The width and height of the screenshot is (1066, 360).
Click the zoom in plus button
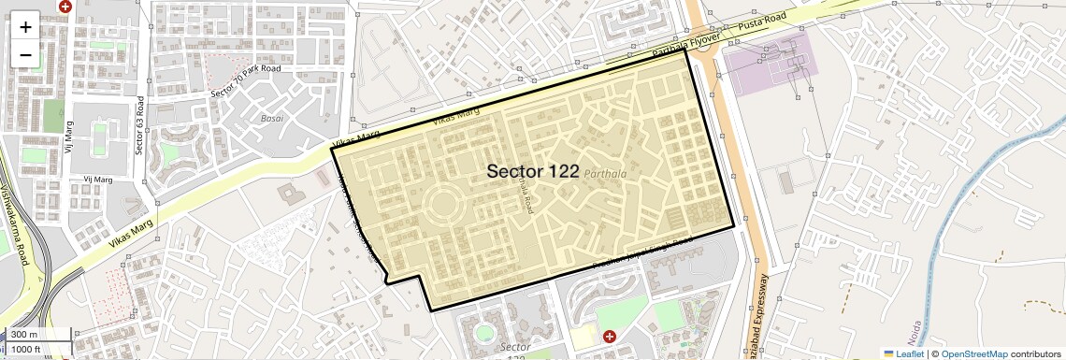coord(25,26)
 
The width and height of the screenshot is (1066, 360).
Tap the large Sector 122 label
coord(532,171)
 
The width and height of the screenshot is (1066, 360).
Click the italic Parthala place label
coord(605,174)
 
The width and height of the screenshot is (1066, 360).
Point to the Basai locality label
coord(271,119)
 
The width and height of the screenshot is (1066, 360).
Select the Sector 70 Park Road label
coord(246,80)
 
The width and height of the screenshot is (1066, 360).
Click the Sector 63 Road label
coord(139,124)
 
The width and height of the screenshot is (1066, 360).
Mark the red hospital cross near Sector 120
coord(610,336)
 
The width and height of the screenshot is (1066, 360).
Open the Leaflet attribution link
coord(903,353)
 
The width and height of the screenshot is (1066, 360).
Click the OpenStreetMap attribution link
coord(973,353)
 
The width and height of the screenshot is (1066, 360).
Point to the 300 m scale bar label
coord(24,335)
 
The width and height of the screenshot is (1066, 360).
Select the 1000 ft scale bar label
coord(26,349)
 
